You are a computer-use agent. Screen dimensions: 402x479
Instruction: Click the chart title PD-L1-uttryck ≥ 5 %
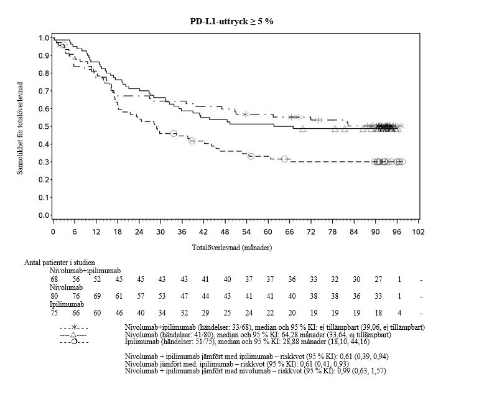(231, 21)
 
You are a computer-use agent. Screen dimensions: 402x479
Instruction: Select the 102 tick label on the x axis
(417, 232)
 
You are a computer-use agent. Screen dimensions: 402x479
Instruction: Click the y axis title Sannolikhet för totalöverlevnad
(21, 128)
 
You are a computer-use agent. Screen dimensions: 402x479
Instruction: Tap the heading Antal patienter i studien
(60, 263)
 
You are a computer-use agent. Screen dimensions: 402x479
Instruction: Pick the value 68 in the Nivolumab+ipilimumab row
(54, 279)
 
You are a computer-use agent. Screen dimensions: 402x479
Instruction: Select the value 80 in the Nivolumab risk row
(54, 296)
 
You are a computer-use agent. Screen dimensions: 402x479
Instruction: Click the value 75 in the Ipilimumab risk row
(54, 313)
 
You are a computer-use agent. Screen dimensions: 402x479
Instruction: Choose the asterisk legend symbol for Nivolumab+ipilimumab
(74, 327)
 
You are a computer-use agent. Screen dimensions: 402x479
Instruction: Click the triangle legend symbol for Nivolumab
(74, 335)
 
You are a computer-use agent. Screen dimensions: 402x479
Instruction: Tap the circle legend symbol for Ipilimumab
(74, 342)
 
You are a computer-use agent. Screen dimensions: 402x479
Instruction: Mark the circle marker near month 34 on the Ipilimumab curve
(174, 134)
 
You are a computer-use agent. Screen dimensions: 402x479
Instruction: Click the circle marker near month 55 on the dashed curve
(251, 156)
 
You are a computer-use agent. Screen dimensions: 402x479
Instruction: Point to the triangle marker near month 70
(303, 129)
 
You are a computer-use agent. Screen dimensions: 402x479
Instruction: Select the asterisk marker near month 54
(246, 115)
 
